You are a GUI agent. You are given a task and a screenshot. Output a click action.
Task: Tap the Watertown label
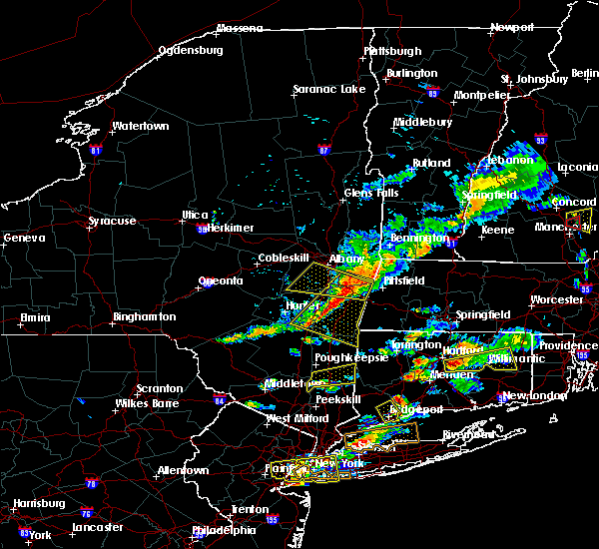point(141,127)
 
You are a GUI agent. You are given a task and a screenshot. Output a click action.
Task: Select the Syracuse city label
point(110,221)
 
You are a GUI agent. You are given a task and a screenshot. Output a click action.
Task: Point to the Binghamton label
point(144,316)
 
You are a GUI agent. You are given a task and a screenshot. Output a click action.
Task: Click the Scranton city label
point(160,388)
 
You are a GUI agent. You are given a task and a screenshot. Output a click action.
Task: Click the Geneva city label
point(25,239)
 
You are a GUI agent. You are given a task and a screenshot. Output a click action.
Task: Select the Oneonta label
point(221,280)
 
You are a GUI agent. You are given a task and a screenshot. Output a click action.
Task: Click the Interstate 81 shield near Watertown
point(96,151)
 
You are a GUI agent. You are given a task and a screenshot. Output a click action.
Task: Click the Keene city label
point(497,230)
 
